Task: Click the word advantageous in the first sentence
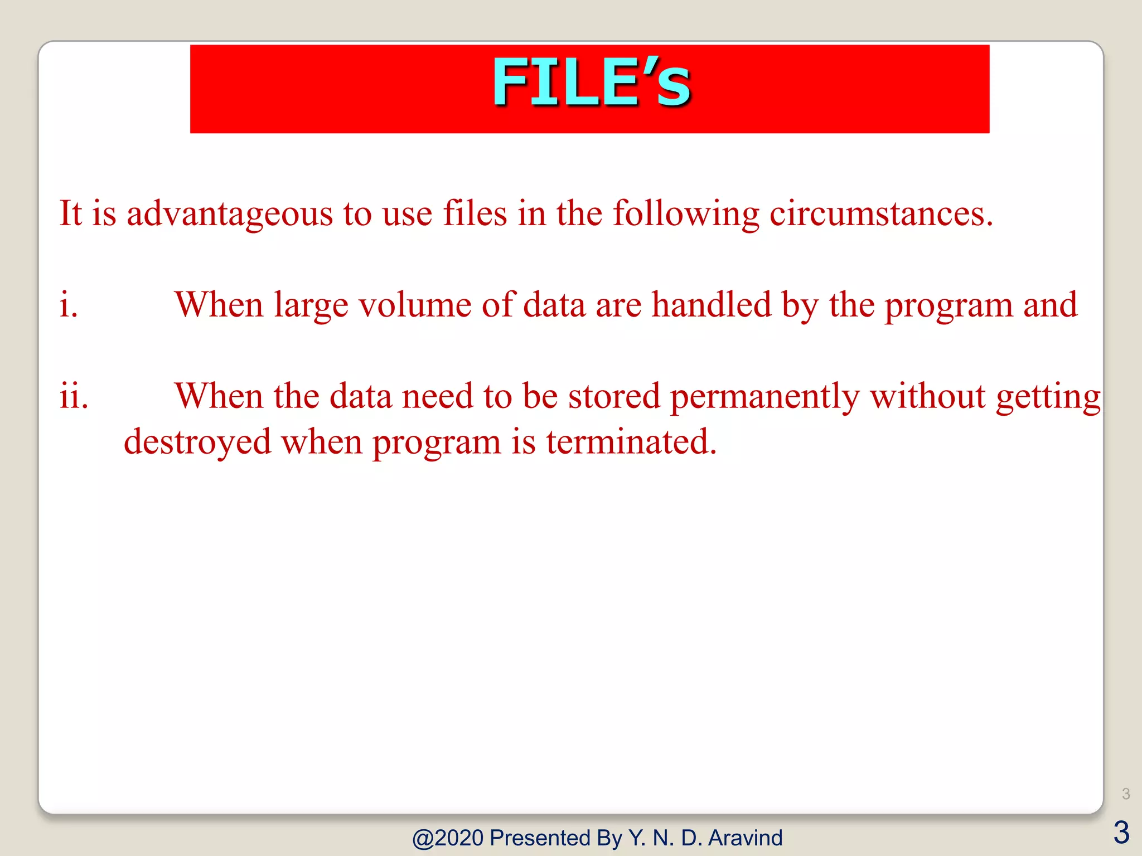tap(229, 213)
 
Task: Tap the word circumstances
tap(881, 213)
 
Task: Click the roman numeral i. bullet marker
tap(69, 305)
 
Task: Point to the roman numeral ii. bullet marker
tap(74, 396)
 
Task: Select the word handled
tap(712, 305)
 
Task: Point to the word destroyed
tap(197, 442)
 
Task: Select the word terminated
tap(631, 442)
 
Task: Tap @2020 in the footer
tap(448, 838)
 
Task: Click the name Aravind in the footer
tap(745, 838)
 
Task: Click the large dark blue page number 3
tap(1121, 833)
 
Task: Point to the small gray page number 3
tap(1126, 794)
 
